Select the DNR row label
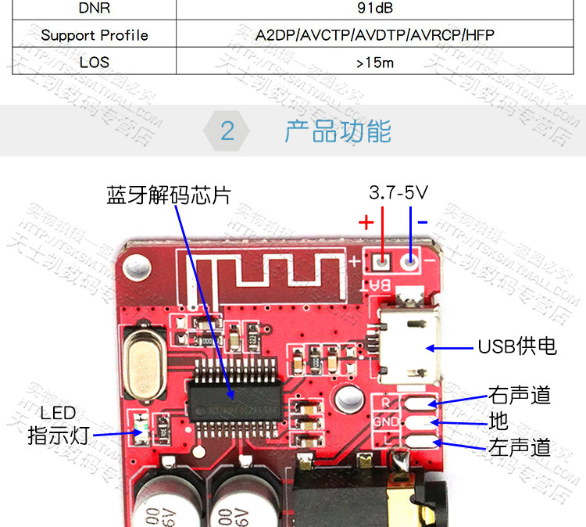click(x=95, y=9)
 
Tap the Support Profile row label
click(x=95, y=35)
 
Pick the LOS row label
click(x=95, y=62)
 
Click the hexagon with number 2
click(x=227, y=131)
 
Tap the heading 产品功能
click(x=338, y=131)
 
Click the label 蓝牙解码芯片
click(x=169, y=195)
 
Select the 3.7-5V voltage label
click(x=398, y=192)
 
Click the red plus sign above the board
click(x=366, y=222)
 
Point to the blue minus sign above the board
click(x=423, y=222)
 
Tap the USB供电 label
click(x=517, y=346)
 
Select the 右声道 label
click(x=520, y=395)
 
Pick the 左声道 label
click(x=520, y=447)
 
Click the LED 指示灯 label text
click(x=59, y=424)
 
